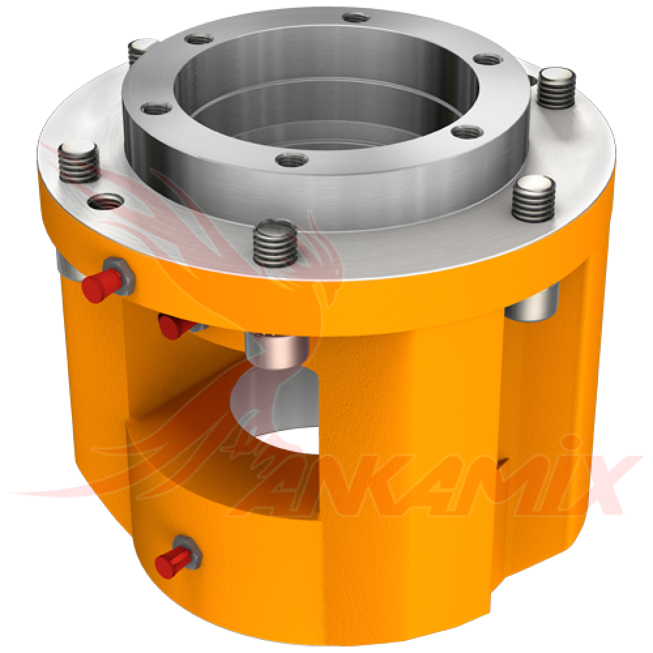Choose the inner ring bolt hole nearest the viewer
click(289, 158)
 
